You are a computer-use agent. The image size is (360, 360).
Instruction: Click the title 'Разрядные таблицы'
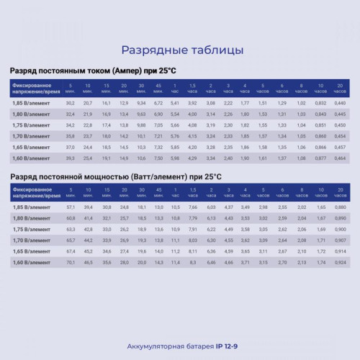[x=180, y=50]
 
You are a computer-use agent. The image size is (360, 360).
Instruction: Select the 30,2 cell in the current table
[x=71, y=104]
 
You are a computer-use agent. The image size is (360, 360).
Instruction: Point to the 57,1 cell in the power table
[x=71, y=207]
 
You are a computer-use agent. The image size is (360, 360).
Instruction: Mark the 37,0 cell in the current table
[x=71, y=146]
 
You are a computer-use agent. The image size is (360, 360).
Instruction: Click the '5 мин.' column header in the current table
[x=71, y=89]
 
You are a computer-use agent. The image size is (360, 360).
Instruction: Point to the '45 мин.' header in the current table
[x=159, y=89]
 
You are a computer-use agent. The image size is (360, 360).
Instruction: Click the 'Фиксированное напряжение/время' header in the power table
[x=32, y=192]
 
